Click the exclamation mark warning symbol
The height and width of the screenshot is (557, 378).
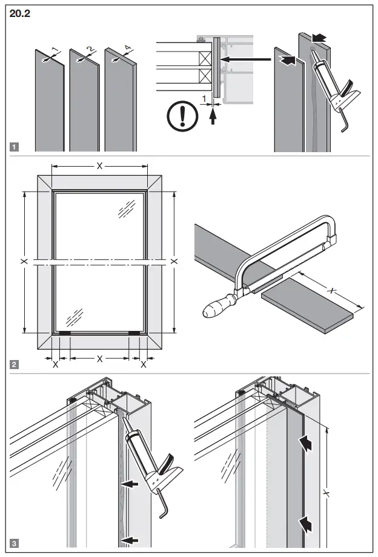pos(180,115)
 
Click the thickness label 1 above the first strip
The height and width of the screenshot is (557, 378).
pos(54,49)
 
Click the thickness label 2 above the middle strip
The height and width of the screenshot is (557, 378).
pos(90,49)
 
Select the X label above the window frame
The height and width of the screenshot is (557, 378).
pos(99,165)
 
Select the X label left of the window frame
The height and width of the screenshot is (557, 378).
pos(24,261)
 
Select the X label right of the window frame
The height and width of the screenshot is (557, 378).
pos(174,261)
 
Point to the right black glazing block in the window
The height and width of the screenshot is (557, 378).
pos(134,333)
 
